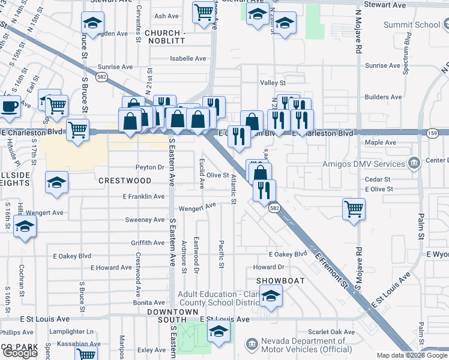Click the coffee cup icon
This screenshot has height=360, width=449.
click(x=10, y=106)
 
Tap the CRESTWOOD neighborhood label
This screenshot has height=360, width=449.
click(x=125, y=181)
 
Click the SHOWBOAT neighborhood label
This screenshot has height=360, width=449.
click(x=281, y=281)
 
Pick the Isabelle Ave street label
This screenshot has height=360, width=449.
click(x=188, y=59)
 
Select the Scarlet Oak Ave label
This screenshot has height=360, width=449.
click(x=331, y=332)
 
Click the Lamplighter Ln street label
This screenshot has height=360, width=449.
click(x=71, y=332)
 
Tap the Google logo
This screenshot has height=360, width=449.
click(x=20, y=353)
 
